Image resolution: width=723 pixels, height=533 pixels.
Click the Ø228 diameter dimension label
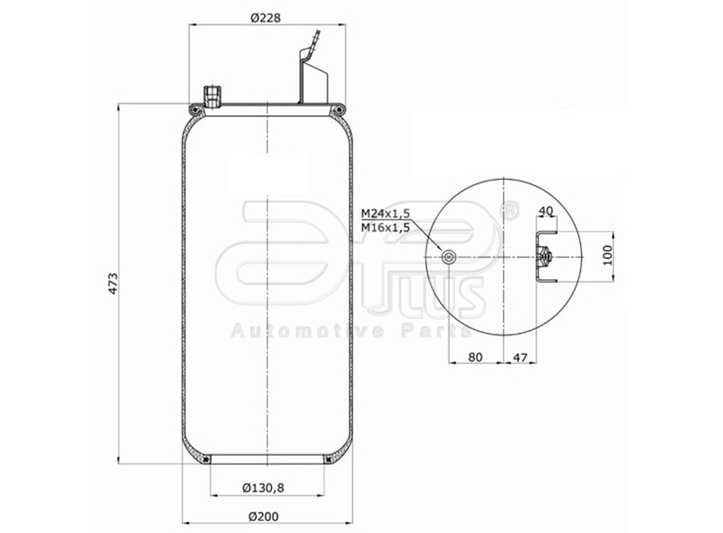(265, 18)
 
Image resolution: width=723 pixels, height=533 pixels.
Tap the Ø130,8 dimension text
(266, 487)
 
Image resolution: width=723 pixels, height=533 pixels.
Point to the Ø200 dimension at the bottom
(264, 517)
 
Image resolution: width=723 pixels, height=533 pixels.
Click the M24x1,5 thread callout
(386, 213)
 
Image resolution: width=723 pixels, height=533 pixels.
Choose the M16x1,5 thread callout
(386, 227)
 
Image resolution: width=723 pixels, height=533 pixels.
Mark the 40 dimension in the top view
(545, 211)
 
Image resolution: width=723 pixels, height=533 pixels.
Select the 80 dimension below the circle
(475, 357)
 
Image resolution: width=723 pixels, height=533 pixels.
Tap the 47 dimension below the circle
(519, 357)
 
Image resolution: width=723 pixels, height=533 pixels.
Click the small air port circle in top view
(447, 257)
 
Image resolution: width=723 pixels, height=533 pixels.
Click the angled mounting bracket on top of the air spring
(311, 71)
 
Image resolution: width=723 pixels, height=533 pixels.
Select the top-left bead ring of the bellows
(196, 109)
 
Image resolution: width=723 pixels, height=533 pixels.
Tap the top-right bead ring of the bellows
(340, 109)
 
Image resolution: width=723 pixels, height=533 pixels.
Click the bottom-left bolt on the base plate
(205, 460)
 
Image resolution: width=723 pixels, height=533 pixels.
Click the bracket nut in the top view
(544, 257)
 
